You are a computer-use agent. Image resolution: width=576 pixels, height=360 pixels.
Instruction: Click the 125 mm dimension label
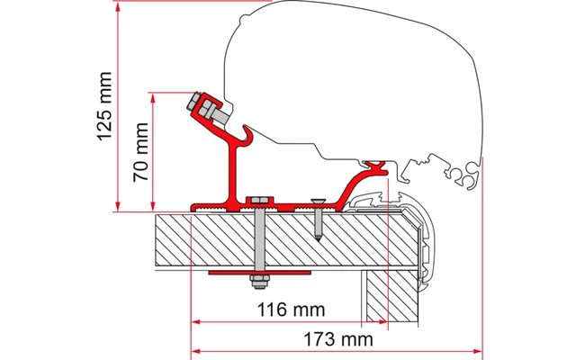(104, 106)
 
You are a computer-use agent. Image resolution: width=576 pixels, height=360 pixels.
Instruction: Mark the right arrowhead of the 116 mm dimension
(382, 320)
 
